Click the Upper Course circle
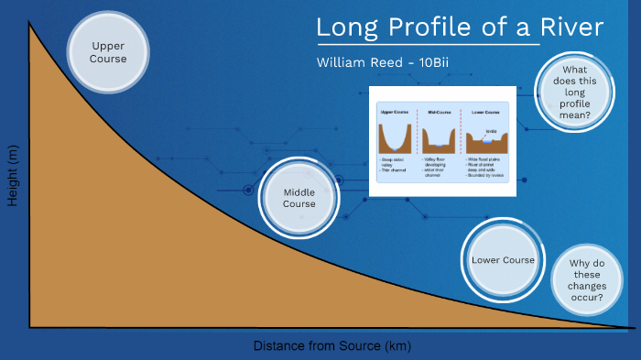pyautogui.click(x=109, y=52)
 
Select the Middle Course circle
pyautogui.click(x=299, y=198)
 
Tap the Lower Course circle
pyautogui.click(x=503, y=260)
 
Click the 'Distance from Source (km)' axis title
pyautogui.click(x=332, y=346)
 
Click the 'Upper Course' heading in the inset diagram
pyautogui.click(x=394, y=111)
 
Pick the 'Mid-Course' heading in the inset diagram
pyautogui.click(x=441, y=111)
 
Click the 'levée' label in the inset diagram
pyautogui.click(x=492, y=130)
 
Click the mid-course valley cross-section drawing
pyautogui.click(x=442, y=138)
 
